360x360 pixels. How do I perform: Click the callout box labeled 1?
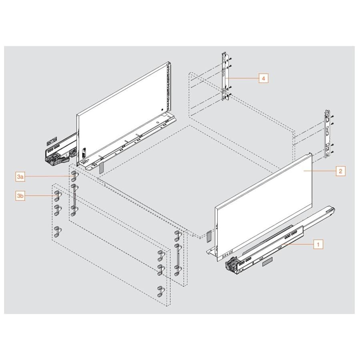click(318, 244)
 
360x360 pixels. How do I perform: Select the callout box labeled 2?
click(340, 171)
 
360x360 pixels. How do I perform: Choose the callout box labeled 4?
click(263, 78)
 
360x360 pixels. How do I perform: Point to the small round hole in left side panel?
click(161, 109)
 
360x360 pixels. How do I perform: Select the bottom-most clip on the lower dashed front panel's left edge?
click(58, 231)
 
